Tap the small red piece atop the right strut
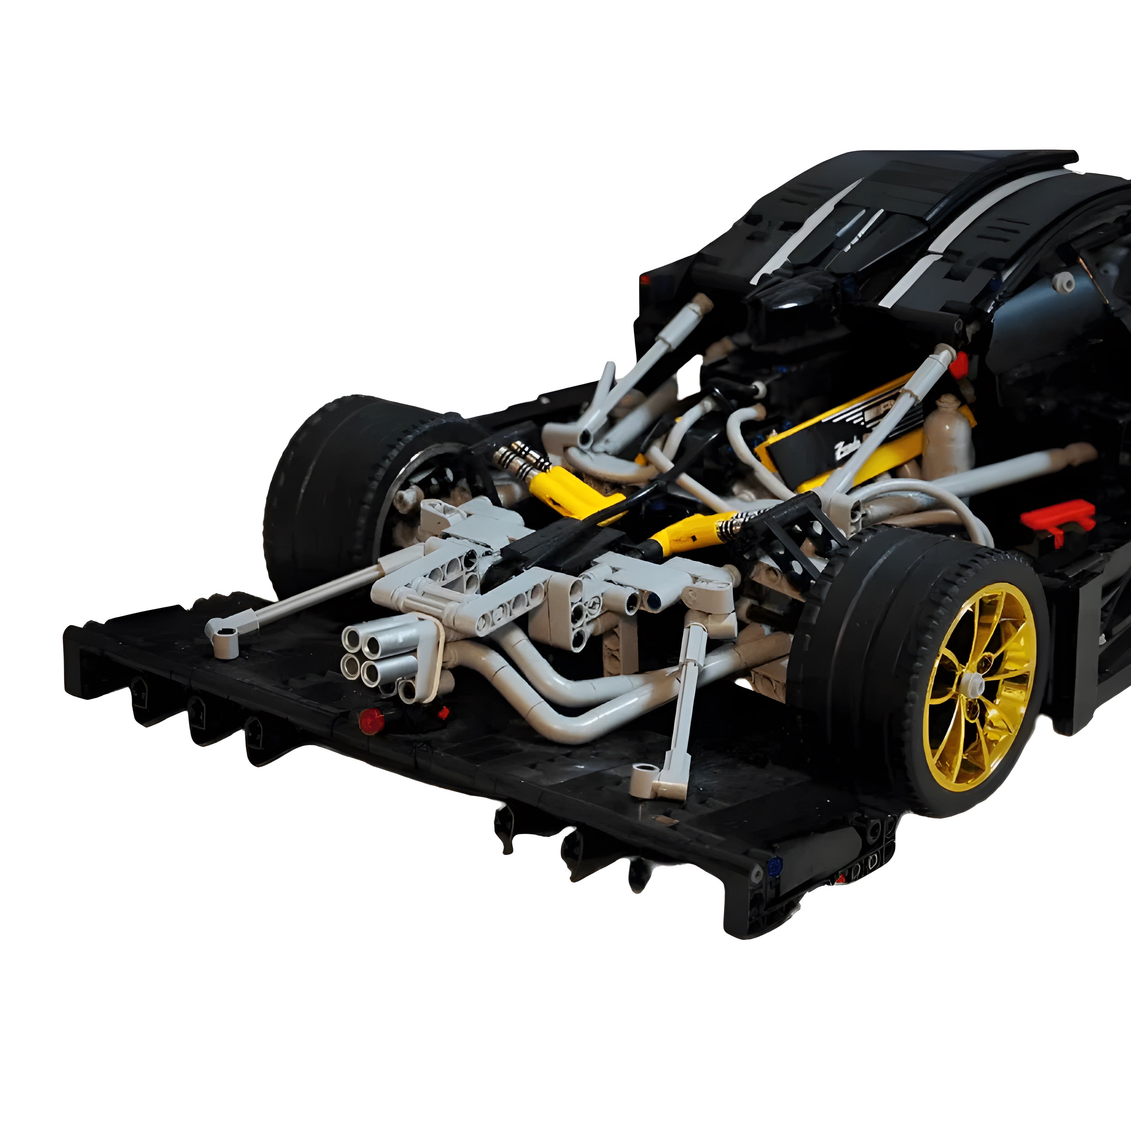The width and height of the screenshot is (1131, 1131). (958, 365)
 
